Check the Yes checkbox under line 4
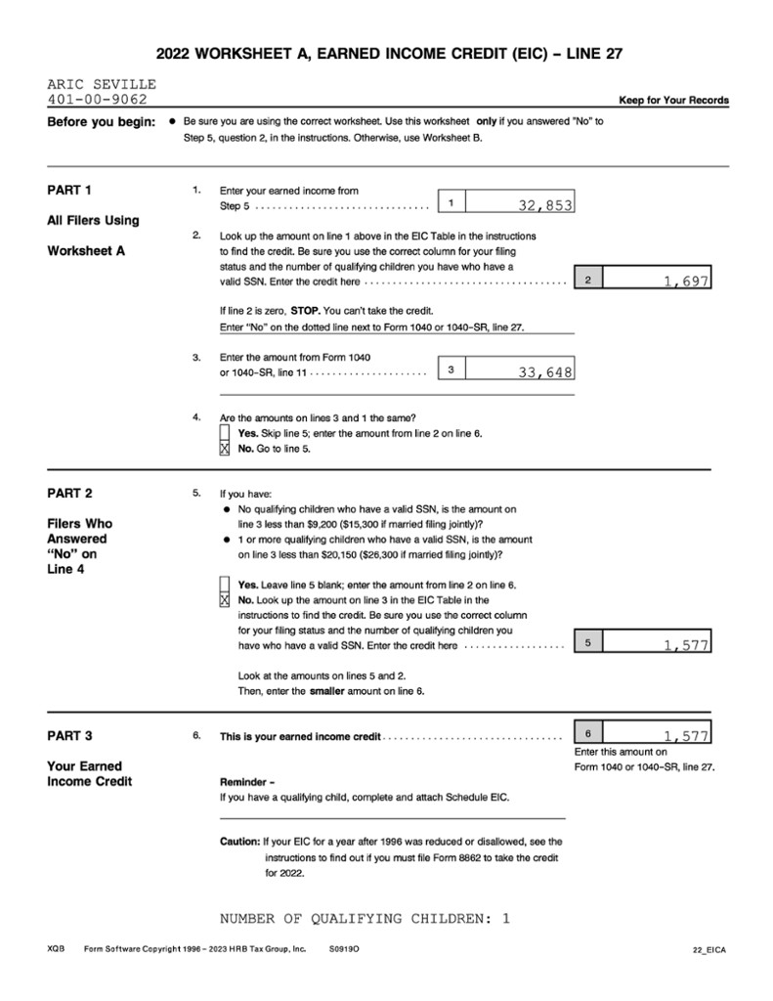[x=226, y=433]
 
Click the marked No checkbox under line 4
[x=226, y=449]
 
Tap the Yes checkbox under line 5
[x=226, y=585]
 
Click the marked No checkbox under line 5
[x=226, y=599]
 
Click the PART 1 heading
[x=69, y=190]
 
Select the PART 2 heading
[x=69, y=493]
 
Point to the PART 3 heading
[x=69, y=735]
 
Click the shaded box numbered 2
[x=587, y=281]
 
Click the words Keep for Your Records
[x=673, y=101]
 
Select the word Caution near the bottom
[x=239, y=842]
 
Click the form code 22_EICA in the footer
[x=709, y=949]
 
